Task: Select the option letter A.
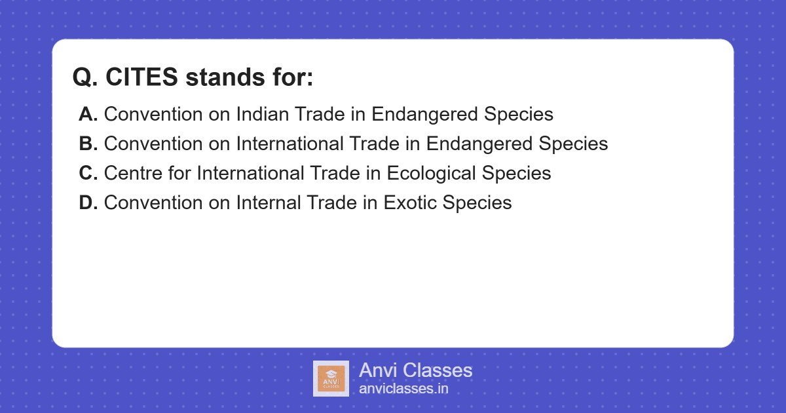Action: pos(88,114)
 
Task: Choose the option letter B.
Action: pos(88,144)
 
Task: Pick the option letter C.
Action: pos(88,173)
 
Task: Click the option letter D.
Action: pos(88,203)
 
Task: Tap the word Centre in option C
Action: pos(133,173)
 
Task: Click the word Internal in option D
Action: pos(271,203)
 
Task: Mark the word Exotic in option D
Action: pos(410,203)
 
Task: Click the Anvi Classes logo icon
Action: pos(331,378)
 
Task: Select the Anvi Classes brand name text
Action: pos(415,370)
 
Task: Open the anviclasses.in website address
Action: pos(403,389)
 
